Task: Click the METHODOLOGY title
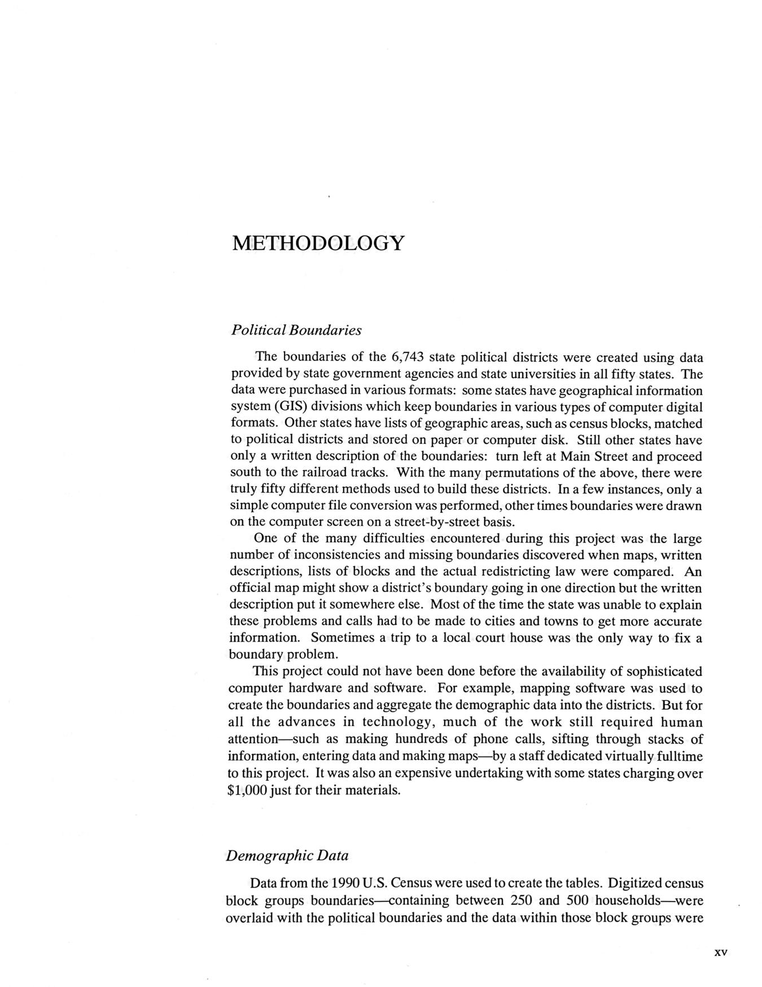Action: (x=318, y=243)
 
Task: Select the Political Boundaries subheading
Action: (x=296, y=330)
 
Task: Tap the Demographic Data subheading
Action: (x=287, y=855)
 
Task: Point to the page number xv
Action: (x=720, y=953)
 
